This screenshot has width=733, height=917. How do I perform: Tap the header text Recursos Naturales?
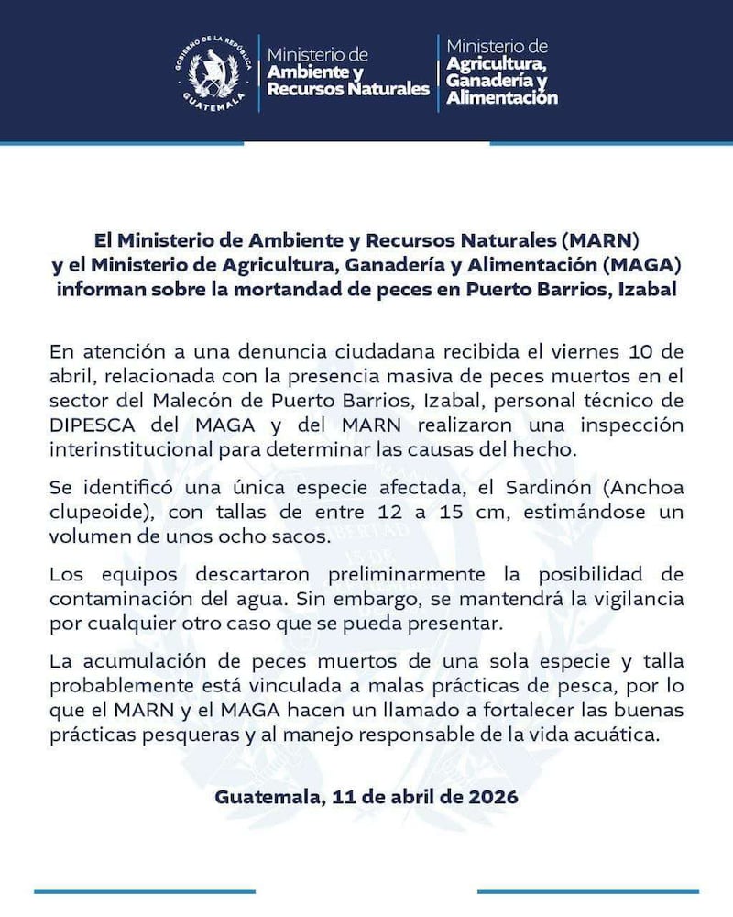point(348,89)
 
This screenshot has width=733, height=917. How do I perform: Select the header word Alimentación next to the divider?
point(502,97)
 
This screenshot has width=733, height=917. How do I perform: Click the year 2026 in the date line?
point(490,796)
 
